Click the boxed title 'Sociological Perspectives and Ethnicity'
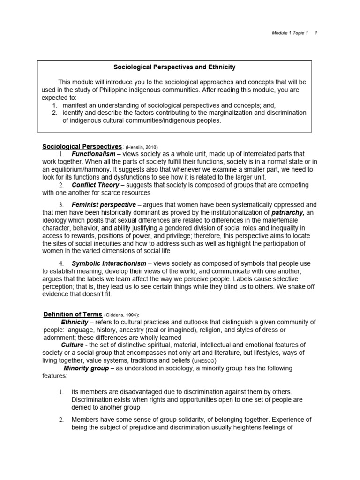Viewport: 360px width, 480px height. (174, 67)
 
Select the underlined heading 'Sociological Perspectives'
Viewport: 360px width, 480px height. (82, 146)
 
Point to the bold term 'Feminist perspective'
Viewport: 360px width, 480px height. (104, 205)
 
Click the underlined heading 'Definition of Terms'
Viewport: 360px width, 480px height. (73, 314)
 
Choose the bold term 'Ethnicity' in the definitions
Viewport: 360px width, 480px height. (75, 322)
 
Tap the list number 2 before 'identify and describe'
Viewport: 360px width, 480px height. (54, 112)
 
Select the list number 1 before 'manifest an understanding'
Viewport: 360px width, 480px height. (54, 105)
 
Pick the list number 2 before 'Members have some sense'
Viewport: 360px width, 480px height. (61, 420)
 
